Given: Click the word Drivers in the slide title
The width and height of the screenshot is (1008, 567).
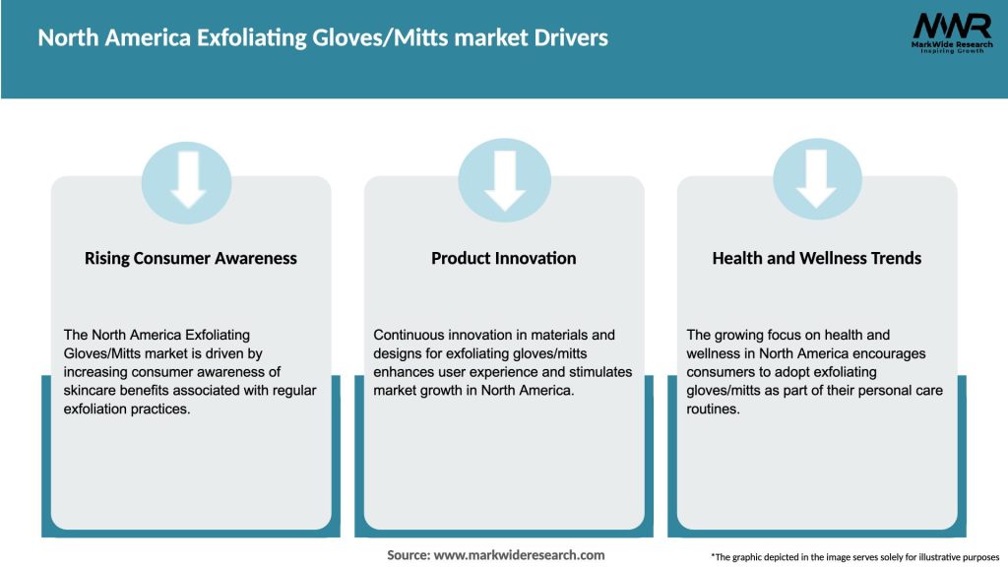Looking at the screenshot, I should click(x=572, y=38).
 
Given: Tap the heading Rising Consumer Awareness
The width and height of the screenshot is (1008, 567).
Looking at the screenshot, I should click(x=191, y=258).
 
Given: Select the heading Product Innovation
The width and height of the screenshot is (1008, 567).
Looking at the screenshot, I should click(x=504, y=258).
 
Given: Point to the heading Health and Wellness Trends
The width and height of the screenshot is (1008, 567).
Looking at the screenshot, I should click(x=817, y=258).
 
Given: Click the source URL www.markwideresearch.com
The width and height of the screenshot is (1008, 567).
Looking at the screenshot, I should click(x=520, y=555).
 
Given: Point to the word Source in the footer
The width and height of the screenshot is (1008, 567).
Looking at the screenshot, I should click(x=409, y=555).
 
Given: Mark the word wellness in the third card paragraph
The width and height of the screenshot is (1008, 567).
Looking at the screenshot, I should click(x=714, y=354).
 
